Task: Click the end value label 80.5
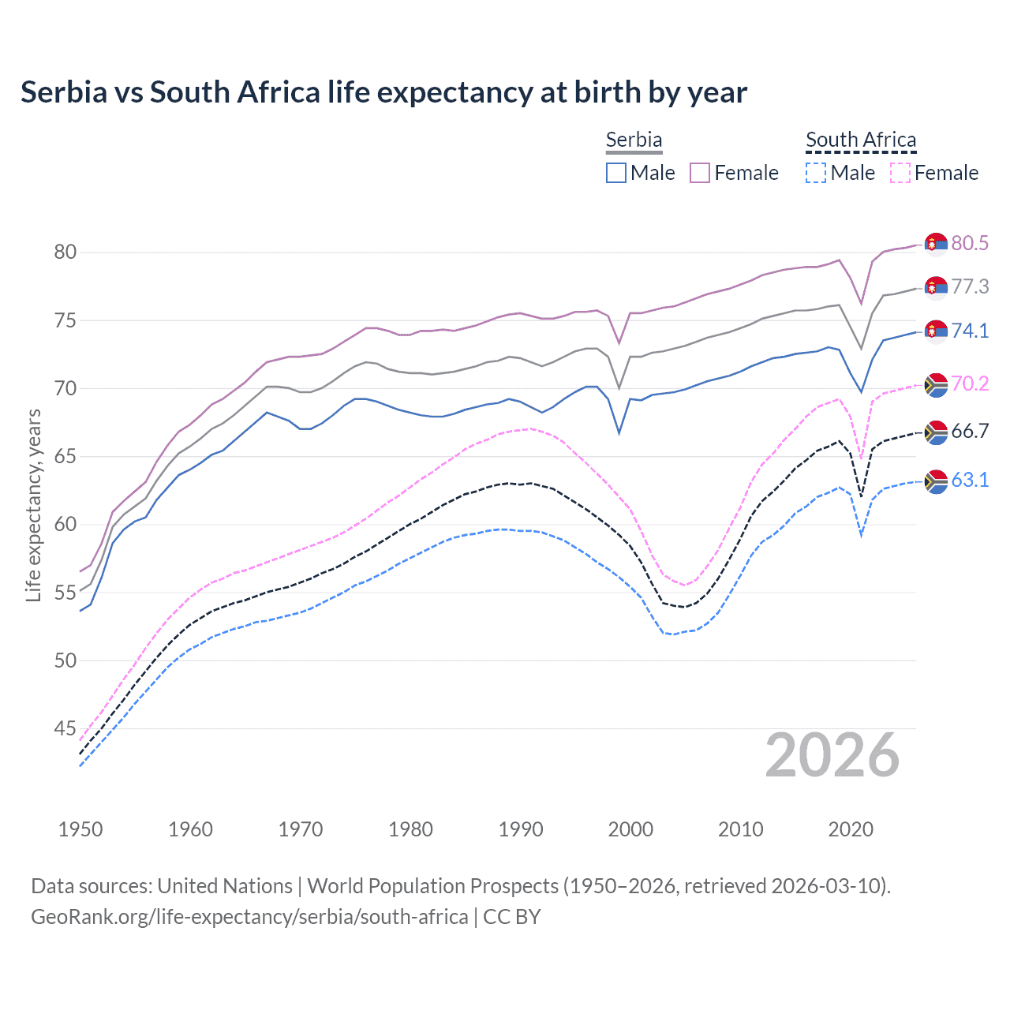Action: click(x=970, y=243)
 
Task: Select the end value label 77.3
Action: click(x=970, y=286)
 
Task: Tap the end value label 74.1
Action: click(x=970, y=331)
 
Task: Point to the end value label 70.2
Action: click(x=970, y=384)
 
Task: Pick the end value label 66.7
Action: click(x=970, y=431)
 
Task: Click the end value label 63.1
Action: click(x=970, y=480)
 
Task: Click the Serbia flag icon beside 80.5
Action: click(x=936, y=244)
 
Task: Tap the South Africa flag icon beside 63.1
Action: click(x=936, y=481)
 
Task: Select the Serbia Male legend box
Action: click(x=616, y=173)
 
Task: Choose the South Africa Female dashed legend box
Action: click(x=900, y=173)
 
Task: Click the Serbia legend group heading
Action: click(x=634, y=140)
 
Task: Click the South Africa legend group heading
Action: click(x=861, y=140)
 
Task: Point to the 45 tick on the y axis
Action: click(x=65, y=728)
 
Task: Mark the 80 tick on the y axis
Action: click(x=65, y=252)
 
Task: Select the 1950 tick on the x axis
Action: click(x=80, y=829)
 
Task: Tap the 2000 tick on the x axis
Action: click(x=630, y=829)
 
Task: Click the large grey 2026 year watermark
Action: click(x=832, y=756)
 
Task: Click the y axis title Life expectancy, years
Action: click(x=33, y=505)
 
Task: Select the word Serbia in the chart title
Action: click(x=64, y=92)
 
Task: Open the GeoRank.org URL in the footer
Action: click(x=249, y=917)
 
